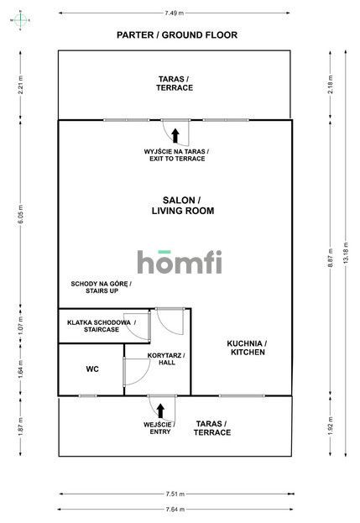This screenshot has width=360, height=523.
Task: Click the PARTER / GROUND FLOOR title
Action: coord(176,35)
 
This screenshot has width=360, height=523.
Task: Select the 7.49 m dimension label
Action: coord(176,13)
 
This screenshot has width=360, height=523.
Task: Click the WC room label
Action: coord(93,369)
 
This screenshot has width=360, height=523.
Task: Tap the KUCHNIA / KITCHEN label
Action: coord(247,348)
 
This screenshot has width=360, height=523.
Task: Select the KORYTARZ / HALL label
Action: coord(166,358)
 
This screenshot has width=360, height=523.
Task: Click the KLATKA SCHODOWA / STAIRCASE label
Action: coord(100,326)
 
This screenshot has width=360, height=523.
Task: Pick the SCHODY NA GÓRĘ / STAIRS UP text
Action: coord(101,290)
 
